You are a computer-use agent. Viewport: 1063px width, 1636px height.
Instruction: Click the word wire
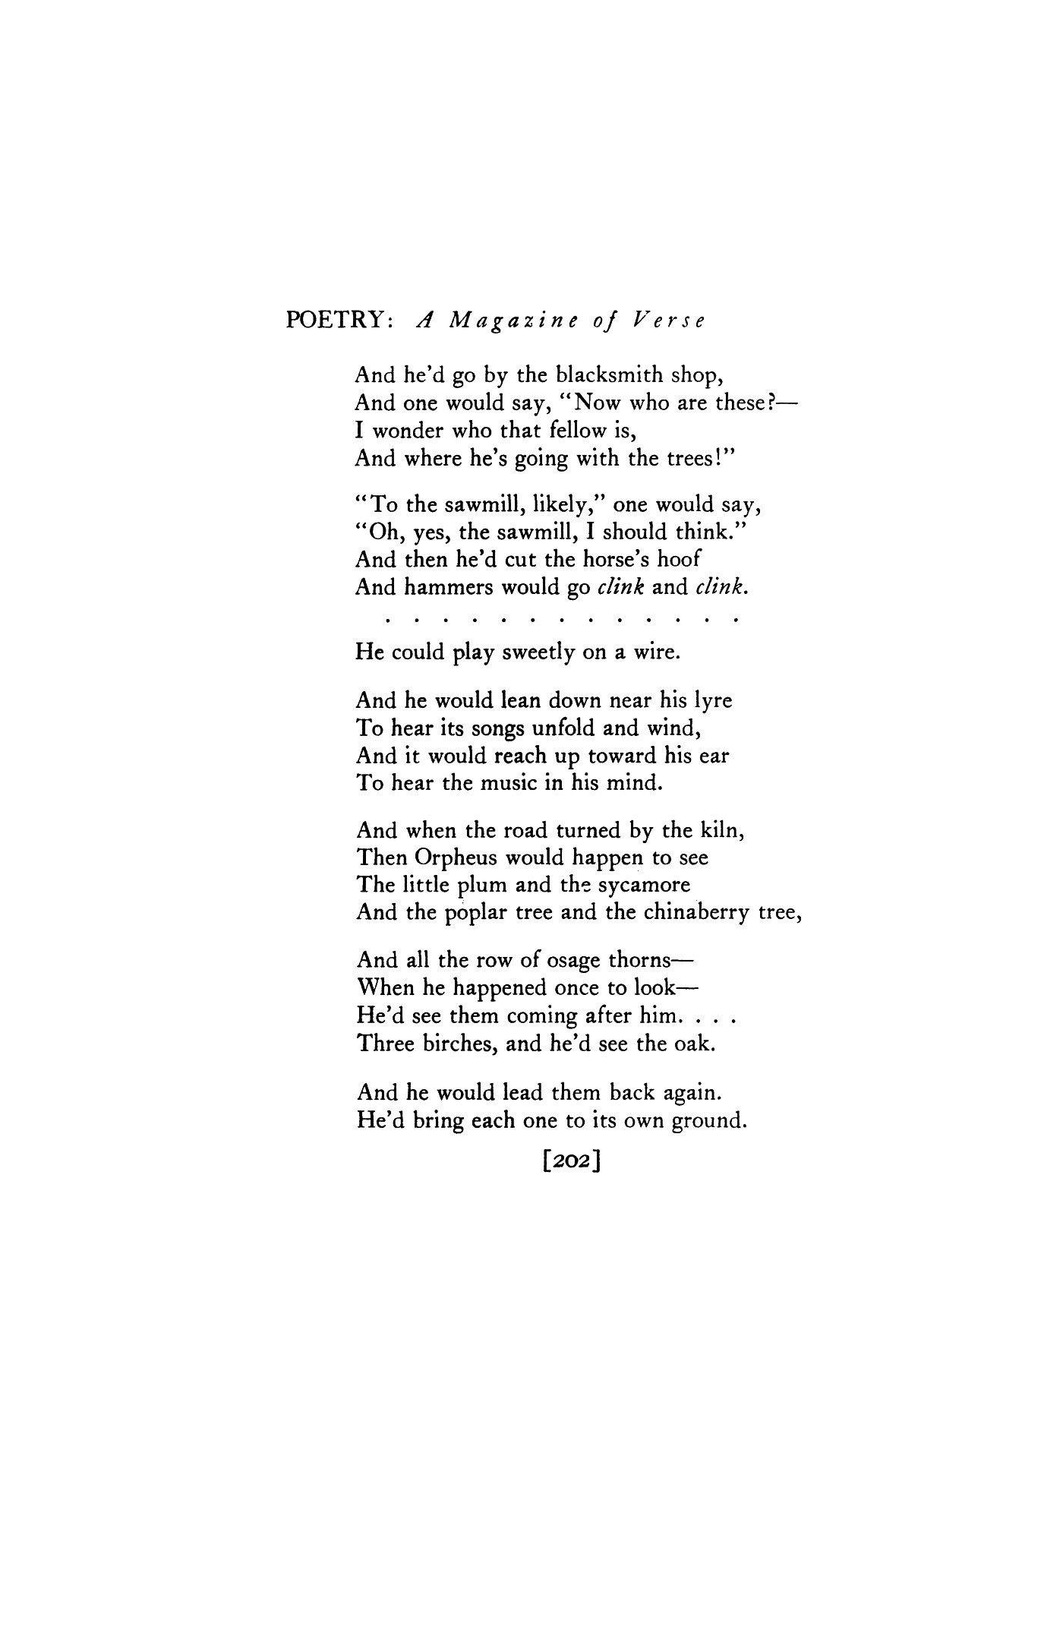(655, 653)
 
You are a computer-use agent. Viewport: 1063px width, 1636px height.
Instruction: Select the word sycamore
(645, 886)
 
